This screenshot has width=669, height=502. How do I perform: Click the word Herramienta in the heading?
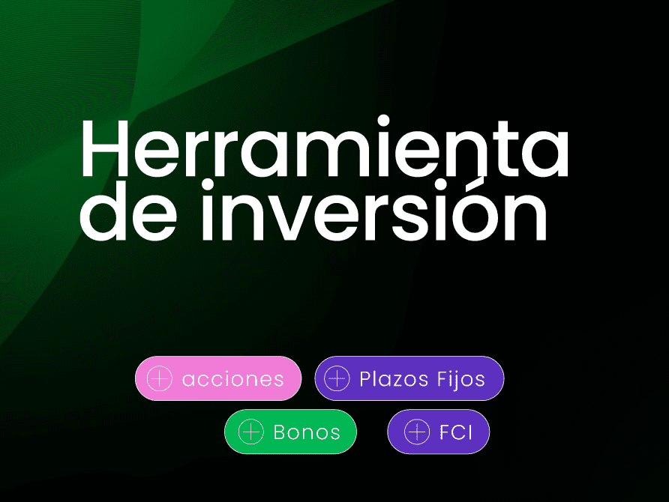tap(324, 148)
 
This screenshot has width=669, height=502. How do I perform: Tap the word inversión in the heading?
tap(373, 210)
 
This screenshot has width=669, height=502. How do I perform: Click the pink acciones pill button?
tap(218, 378)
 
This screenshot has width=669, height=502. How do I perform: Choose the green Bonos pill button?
tap(290, 432)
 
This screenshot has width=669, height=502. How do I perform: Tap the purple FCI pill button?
tap(439, 432)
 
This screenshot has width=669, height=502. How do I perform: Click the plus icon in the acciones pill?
tap(160, 378)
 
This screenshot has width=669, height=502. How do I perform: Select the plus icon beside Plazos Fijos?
tap(337, 378)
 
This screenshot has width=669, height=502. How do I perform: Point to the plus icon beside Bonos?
tap(250, 432)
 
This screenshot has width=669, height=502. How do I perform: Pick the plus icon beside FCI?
tap(417, 432)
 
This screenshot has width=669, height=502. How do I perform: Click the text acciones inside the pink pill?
tap(233, 379)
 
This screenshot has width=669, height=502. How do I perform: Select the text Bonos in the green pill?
tap(307, 432)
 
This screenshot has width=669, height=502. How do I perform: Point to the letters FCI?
tap(456, 432)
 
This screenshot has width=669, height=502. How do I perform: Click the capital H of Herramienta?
tap(105, 148)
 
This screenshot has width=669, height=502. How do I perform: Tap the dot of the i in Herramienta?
tap(384, 121)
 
